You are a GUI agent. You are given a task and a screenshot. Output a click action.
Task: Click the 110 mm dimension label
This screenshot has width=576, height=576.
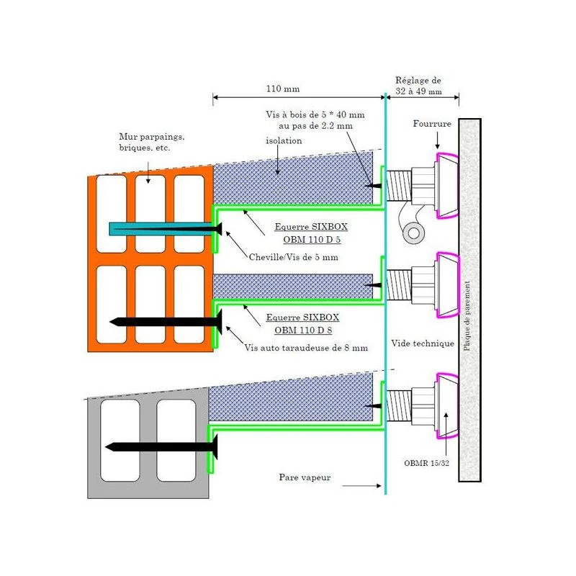pos(282,89)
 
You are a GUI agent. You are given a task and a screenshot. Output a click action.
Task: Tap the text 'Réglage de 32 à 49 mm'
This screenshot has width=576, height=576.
pos(428,86)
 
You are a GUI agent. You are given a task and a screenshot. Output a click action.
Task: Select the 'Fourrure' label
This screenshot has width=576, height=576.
pos(432,124)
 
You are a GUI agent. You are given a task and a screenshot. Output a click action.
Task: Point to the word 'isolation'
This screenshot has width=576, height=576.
pos(284,140)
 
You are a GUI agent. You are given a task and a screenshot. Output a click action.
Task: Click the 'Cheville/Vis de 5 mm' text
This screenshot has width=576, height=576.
pos(293,257)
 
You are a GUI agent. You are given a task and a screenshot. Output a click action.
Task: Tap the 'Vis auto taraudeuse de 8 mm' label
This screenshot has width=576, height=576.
pos(306,348)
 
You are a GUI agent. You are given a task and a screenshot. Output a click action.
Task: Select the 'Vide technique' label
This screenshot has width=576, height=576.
pos(423,343)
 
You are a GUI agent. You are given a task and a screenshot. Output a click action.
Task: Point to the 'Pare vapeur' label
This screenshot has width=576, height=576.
pos(305,477)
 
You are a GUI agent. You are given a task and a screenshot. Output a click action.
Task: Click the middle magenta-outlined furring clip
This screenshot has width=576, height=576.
pos(447,286)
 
